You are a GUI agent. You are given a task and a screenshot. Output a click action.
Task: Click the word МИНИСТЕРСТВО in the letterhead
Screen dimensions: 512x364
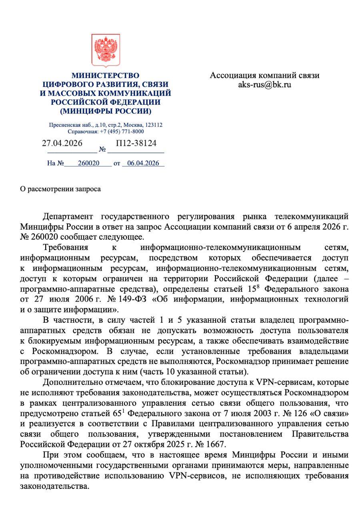click(105, 76)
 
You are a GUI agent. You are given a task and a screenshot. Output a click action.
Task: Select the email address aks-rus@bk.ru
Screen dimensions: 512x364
click(264, 84)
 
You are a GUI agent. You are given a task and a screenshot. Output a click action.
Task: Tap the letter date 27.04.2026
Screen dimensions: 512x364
click(62, 143)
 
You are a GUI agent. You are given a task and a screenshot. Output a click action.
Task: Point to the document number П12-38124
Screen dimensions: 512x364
click(136, 143)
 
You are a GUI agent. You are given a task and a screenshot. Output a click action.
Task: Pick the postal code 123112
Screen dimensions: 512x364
click(154, 125)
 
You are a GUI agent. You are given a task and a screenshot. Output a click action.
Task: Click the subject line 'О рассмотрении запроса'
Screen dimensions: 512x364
click(60, 189)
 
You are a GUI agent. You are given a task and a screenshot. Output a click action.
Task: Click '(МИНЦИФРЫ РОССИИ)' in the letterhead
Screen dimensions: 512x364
click(105, 111)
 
